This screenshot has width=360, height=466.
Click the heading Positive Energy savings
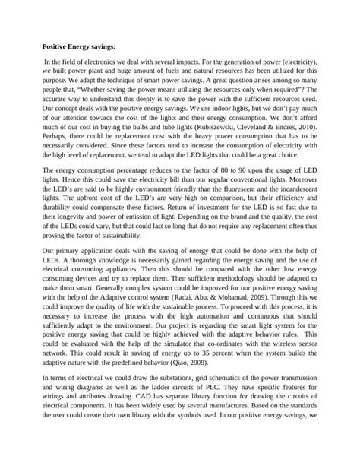coord(78,46)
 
